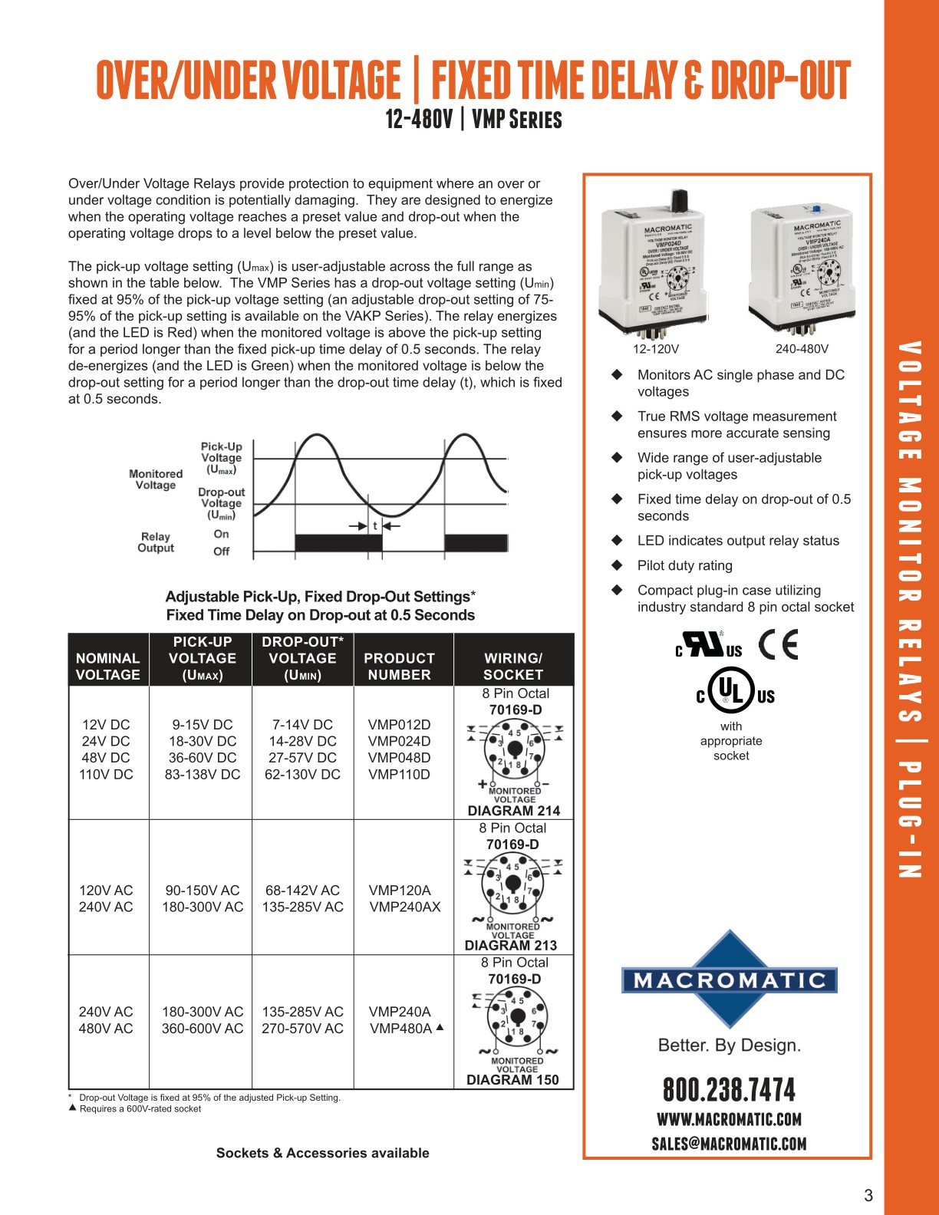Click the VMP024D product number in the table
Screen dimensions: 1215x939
tap(399, 741)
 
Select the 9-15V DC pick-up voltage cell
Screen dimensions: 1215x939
tap(203, 724)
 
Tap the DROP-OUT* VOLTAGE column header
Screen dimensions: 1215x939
tap(302, 658)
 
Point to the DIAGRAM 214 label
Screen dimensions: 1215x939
tap(514, 811)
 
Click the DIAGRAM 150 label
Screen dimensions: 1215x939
tap(512, 1080)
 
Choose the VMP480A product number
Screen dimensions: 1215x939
tap(400, 1029)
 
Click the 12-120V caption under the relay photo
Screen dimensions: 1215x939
tap(656, 349)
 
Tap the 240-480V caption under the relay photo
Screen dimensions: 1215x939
tap(802, 349)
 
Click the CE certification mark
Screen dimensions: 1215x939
tap(778, 644)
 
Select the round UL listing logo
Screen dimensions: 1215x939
tap(731, 690)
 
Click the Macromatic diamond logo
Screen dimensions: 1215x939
tap(729, 980)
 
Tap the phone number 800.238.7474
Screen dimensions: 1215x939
tap(729, 1090)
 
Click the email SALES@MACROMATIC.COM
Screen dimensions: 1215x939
tap(729, 1144)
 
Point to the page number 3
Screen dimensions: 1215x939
tap(868, 1195)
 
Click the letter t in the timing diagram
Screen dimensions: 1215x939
tap(375, 525)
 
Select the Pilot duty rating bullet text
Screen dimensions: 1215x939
tap(685, 565)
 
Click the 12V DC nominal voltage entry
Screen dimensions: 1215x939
tap(106, 724)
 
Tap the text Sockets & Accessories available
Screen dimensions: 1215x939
tap(322, 1153)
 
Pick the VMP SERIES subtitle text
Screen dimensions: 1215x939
tap(517, 120)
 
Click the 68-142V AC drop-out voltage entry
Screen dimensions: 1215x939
tap(302, 890)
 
